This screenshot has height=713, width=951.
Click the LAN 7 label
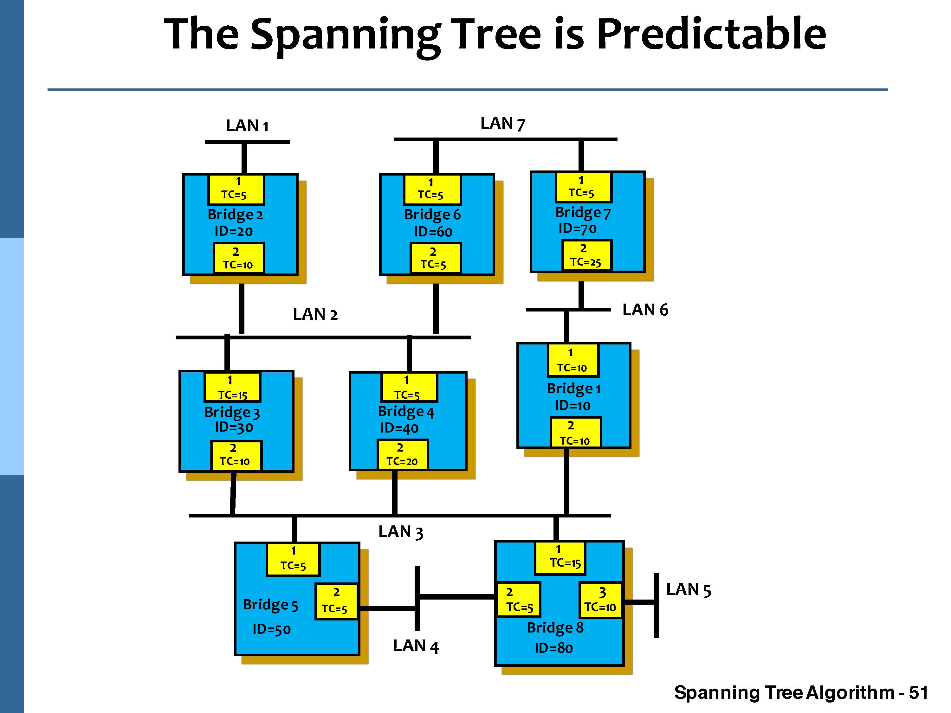pos(502,124)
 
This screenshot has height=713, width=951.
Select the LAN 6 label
pos(645,310)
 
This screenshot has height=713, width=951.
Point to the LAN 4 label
pos(415,646)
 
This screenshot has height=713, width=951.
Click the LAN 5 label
pos(688,590)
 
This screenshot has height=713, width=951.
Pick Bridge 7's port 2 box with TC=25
pos(586,256)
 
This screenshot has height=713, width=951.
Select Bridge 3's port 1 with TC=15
pos(232,387)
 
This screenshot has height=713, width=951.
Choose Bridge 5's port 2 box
pos(336,601)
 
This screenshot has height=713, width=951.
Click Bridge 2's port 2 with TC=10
pos(239,258)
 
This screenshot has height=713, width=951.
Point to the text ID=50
pos(271,629)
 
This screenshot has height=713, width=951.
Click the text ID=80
pos(554,648)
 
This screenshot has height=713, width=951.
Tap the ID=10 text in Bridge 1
pos(573,405)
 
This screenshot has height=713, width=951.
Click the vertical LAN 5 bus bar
pos(656,605)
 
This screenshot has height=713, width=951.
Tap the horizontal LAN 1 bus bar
pos(247,142)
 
